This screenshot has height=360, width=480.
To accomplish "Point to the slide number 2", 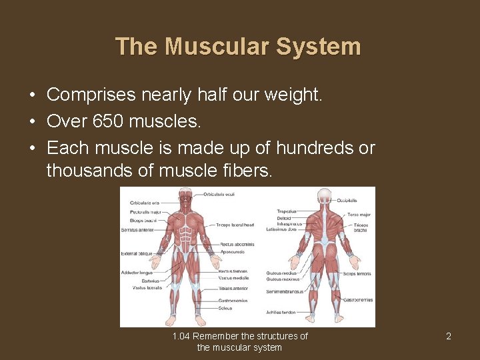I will tap(449, 336).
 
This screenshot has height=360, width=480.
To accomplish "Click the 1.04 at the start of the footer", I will tap(181, 336).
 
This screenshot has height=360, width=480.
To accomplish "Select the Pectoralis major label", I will tap(145, 212).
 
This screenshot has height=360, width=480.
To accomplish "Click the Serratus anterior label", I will tap(137, 230).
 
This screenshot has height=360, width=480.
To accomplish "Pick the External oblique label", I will tap(137, 254).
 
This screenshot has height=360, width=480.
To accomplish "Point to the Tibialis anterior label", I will tap(233, 289).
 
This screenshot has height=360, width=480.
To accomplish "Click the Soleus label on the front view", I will tap(225, 308).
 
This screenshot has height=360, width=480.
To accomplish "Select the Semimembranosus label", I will tap(285, 291).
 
